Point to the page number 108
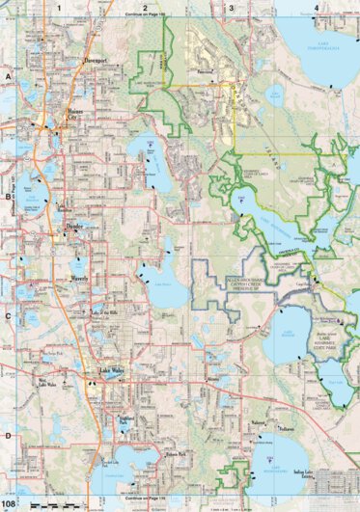point(9,502)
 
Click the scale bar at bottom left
point(58,504)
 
